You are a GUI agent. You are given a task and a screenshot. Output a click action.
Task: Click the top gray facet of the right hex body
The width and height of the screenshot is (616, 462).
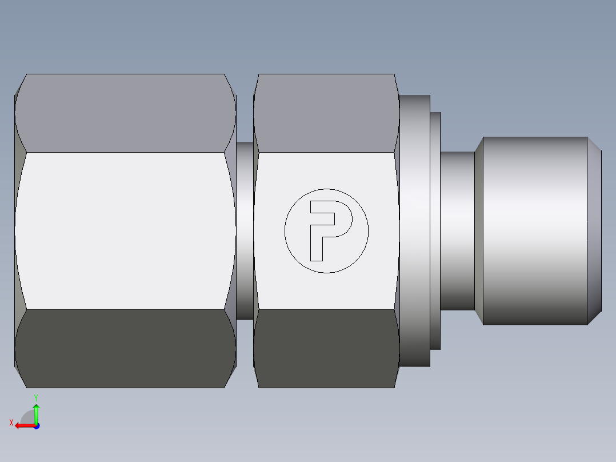pos(326,113)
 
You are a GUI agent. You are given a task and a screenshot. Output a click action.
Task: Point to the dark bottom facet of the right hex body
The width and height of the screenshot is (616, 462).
pos(326,349)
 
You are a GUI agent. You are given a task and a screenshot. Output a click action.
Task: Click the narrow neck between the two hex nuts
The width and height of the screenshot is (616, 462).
pos(245,230)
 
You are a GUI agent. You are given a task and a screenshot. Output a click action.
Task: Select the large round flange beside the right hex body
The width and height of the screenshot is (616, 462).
pos(414,230)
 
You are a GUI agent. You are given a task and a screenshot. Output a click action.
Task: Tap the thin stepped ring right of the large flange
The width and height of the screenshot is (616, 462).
pos(435,230)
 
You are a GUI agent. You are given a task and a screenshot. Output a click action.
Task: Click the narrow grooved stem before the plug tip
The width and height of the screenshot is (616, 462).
pos(457,230)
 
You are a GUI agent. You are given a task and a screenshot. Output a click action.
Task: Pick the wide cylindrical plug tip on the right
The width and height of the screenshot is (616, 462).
pos(534,230)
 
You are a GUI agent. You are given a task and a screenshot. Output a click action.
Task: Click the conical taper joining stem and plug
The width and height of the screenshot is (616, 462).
pos(479,230)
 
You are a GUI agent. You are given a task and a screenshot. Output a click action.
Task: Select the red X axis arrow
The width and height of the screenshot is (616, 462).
pos(23,425)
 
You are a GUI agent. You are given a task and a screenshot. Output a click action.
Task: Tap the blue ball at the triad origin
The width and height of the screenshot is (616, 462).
pos(36,426)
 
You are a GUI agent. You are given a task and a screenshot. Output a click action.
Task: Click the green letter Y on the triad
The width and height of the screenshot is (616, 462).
pos(35,397)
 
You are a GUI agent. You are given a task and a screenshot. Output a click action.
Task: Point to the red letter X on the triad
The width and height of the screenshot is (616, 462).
pos(11,423)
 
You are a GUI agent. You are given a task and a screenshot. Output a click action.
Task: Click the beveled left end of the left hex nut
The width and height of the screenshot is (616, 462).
pos(19,230)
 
